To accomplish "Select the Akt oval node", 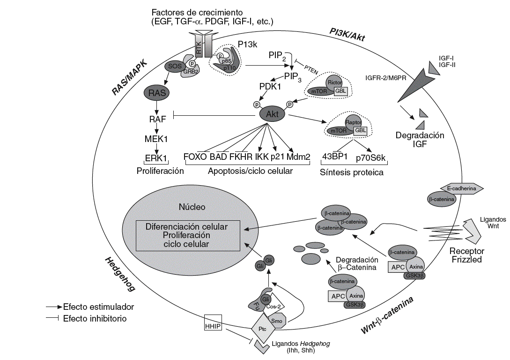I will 272,114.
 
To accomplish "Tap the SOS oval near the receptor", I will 173,67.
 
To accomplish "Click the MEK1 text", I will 157,139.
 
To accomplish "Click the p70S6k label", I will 370,158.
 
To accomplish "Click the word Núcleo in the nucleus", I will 192,207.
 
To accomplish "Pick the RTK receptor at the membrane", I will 198,47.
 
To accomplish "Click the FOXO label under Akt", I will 195,157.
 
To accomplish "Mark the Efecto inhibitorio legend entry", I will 96,318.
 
